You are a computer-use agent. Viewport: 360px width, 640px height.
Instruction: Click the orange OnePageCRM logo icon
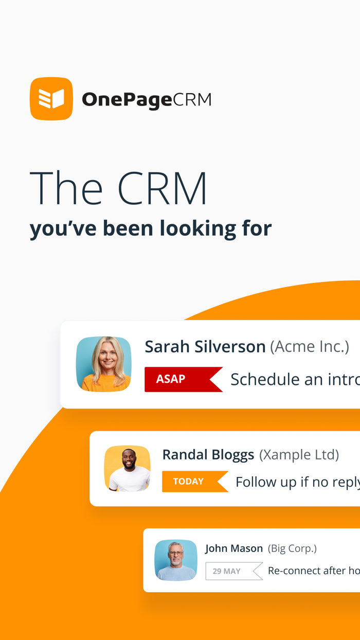(x=51, y=99)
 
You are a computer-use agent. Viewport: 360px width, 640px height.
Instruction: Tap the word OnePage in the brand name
(x=127, y=99)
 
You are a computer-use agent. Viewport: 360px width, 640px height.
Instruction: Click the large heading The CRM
(x=118, y=188)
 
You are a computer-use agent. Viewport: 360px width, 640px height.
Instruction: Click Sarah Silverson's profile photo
(x=104, y=364)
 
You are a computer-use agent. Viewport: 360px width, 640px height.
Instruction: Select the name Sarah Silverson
(x=205, y=346)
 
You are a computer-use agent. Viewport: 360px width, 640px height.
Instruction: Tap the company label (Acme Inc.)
(x=310, y=346)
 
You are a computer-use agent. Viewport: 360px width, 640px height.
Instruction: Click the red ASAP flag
(x=180, y=379)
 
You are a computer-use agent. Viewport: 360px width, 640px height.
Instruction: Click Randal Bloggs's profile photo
(x=128, y=468)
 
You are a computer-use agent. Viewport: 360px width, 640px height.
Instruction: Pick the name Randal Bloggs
(x=208, y=454)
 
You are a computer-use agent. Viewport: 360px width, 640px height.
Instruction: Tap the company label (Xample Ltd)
(x=299, y=454)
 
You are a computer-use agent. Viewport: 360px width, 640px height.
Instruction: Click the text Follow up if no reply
(x=297, y=482)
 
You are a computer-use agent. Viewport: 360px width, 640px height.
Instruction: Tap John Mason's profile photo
(x=176, y=560)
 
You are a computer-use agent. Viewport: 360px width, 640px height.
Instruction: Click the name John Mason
(x=234, y=548)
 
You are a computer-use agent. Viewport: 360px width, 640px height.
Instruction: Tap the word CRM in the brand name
(x=192, y=99)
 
